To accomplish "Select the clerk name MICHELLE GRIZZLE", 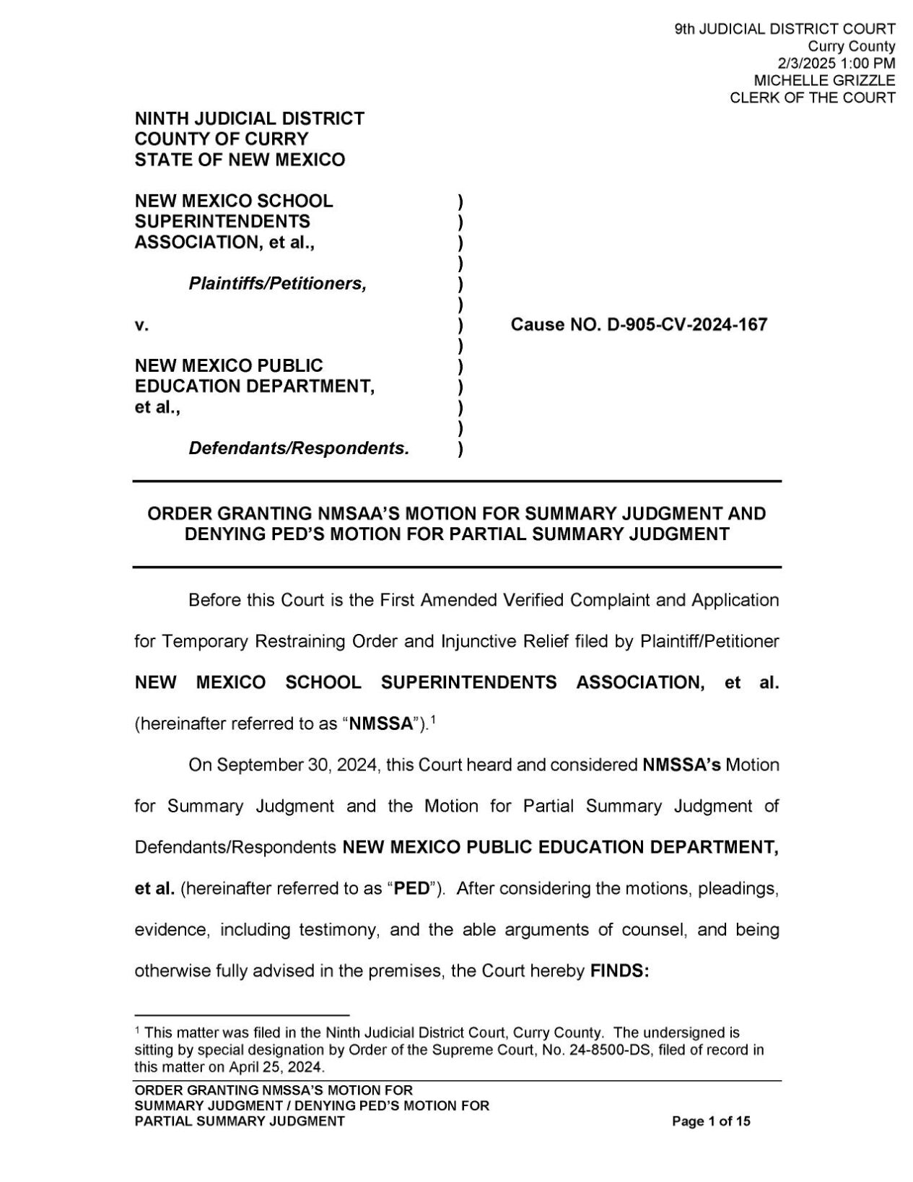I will tap(824, 80).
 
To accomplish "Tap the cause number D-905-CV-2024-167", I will tap(687, 325).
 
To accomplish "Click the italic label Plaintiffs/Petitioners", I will tap(277, 284).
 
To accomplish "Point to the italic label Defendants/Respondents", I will tap(299, 448).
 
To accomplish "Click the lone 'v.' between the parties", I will tap(141, 326).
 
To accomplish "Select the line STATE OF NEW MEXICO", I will tap(240, 160).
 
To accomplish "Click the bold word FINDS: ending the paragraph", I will tap(620, 971).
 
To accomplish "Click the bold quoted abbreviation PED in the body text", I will tap(414, 888).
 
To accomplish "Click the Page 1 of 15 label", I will tap(711, 1121).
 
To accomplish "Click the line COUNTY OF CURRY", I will tap(221, 139).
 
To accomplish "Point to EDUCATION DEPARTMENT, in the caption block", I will tap(254, 386).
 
